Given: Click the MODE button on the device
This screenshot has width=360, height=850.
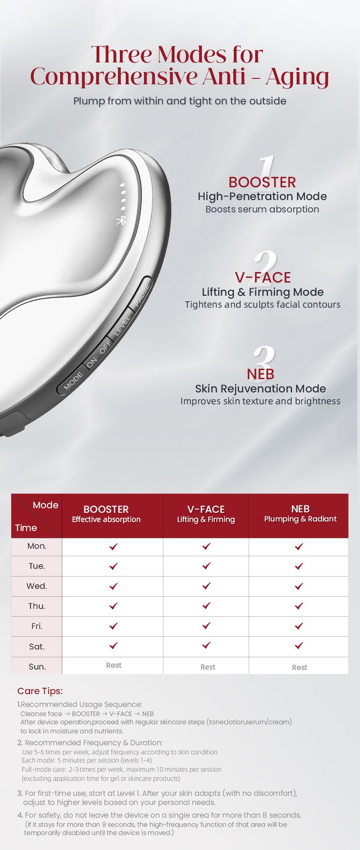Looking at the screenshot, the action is tap(72, 381).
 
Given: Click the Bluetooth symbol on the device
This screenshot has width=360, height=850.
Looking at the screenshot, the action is tap(121, 221).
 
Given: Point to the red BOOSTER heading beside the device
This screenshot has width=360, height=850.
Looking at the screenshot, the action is tap(262, 182).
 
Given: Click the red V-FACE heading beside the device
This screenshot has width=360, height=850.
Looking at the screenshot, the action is tap(263, 278).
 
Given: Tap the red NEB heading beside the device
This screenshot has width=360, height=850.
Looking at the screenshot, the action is tap(261, 374).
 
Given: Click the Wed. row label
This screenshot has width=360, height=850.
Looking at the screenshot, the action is tap(37, 586).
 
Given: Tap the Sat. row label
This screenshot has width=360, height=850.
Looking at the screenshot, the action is tap(37, 646).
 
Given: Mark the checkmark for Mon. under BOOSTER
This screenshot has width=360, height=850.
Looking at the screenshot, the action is tap(113, 546).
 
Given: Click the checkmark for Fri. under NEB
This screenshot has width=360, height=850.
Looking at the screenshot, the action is tap(299, 626).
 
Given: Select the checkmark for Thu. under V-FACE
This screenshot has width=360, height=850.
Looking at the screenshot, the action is tap(206, 605).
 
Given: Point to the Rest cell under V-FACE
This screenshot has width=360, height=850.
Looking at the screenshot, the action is tap(208, 667).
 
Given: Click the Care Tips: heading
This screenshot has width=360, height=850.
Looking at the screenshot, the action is tap(40, 691).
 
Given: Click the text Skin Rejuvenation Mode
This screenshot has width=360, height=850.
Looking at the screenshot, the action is tap(261, 389).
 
